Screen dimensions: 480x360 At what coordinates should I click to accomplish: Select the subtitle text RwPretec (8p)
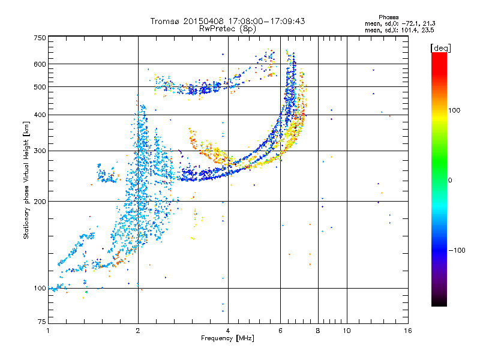pos(227,29)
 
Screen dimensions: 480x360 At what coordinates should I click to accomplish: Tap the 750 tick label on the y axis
pos(40,38)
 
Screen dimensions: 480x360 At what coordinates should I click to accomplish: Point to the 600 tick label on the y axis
pos(40,64)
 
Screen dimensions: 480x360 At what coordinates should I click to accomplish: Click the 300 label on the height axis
pos(40,151)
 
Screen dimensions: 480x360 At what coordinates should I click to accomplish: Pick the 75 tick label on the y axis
pos(42,322)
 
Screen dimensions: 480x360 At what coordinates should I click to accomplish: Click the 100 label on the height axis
pos(40,288)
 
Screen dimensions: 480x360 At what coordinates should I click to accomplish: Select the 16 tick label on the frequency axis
pos(408,331)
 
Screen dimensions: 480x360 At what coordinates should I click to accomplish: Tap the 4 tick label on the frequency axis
pos(228,331)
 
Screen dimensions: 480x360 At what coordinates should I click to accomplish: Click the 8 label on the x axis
pos(318,331)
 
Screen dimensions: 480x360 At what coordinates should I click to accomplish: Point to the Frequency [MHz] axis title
pos(227,338)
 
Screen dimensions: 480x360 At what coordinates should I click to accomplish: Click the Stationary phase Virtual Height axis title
pos(26,181)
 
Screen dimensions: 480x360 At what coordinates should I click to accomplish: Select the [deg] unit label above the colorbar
pos(440,48)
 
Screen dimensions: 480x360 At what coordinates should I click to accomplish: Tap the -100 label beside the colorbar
pos(457,250)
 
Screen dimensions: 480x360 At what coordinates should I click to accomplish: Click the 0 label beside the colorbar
pos(450,180)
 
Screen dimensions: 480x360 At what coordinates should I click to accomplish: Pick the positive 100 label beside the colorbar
pos(454,110)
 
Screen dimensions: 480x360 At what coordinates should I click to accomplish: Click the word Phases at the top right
pos(388,17)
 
